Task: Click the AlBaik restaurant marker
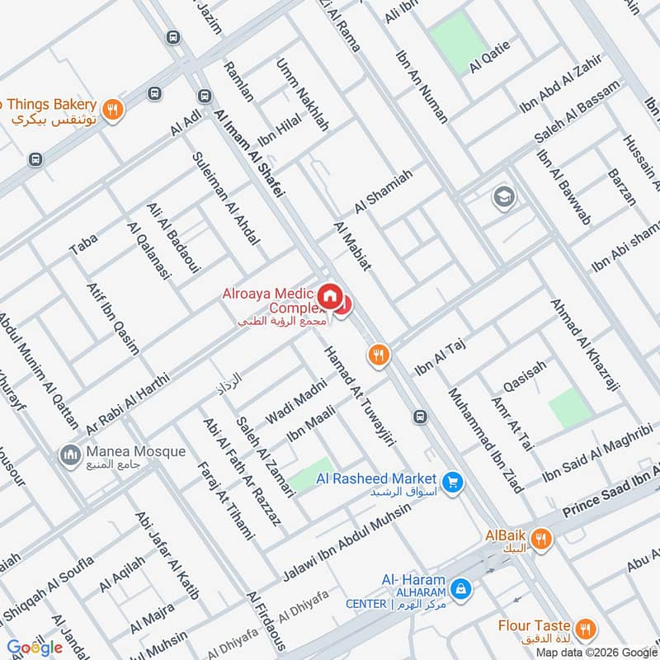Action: tap(542, 539)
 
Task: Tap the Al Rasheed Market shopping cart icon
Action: tap(451, 482)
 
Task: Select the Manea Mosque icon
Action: tap(68, 455)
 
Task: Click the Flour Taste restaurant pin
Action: tap(585, 629)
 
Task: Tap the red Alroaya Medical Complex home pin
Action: tap(330, 295)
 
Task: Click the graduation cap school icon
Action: tap(501, 197)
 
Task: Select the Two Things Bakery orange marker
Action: tap(113, 108)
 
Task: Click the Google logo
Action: tap(35, 647)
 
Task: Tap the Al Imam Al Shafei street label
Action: tap(248, 153)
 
